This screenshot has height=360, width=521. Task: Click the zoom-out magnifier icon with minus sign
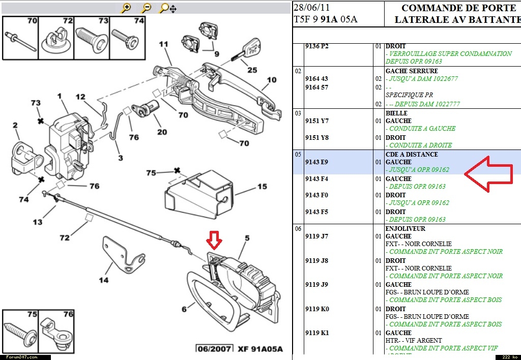tap(147, 8)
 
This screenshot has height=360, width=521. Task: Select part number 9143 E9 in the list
tap(316, 162)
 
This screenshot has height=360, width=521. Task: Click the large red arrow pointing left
tap(488, 174)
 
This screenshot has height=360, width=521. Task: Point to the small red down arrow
tap(214, 238)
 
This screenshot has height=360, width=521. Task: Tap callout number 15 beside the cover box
tap(262, 187)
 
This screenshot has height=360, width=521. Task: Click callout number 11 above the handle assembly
tap(163, 45)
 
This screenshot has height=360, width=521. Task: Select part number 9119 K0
tap(317, 309)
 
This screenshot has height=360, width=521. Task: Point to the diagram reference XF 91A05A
tap(259, 349)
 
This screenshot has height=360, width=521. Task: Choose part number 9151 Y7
tap(317, 121)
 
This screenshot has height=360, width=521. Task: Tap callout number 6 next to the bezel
tap(184, 308)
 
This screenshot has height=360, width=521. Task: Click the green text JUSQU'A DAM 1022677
tap(424, 79)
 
